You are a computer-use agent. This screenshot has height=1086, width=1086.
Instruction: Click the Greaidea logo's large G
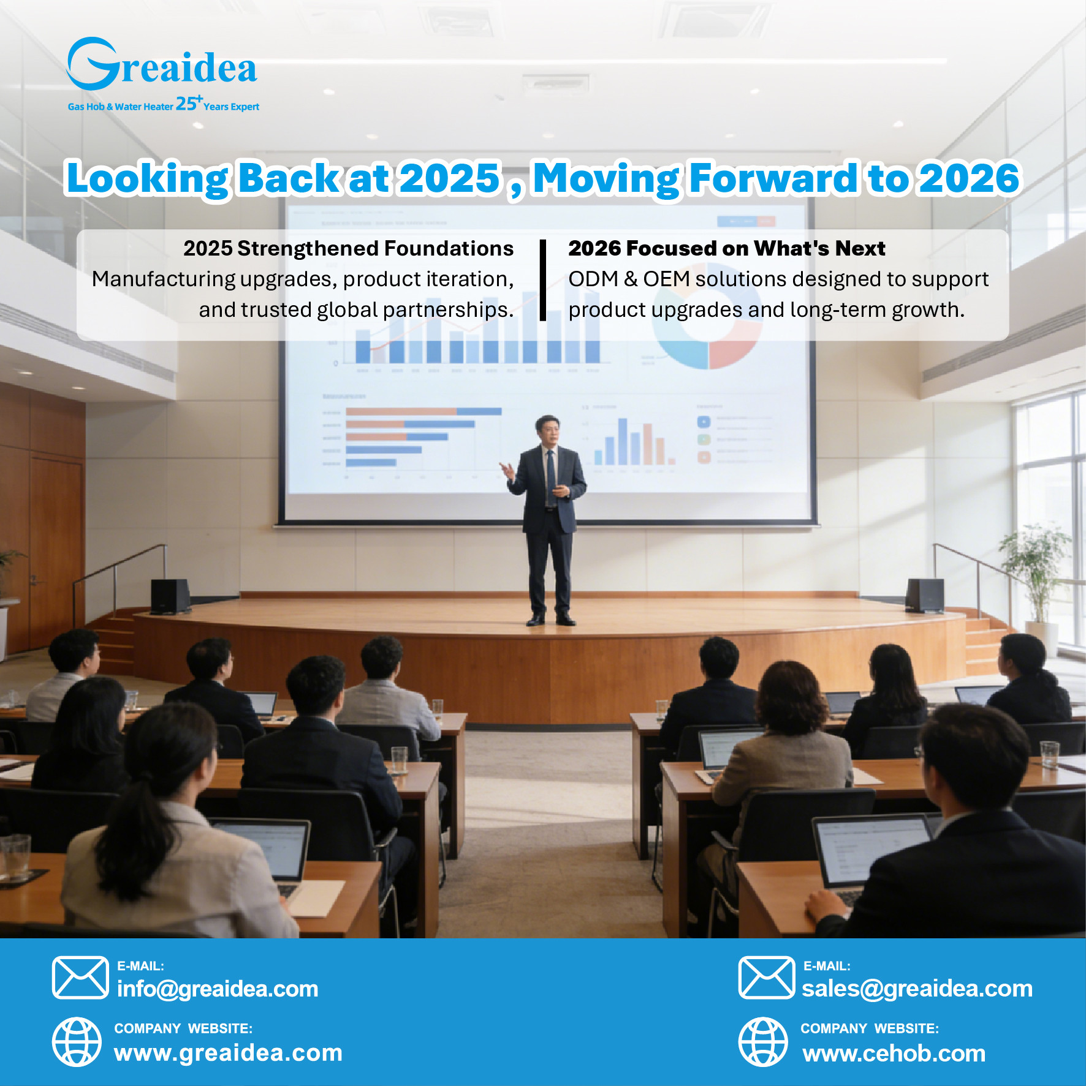point(92,64)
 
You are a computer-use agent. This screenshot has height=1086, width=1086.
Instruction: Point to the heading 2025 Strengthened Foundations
point(348,248)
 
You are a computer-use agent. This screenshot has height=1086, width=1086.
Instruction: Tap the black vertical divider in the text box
point(542,280)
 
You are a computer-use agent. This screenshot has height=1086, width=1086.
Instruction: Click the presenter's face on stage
point(547,432)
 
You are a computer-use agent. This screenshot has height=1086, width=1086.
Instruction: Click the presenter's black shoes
point(550,619)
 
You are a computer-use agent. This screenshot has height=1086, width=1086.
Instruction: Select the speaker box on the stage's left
point(170,595)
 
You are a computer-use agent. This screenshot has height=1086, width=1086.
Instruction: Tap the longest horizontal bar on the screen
point(423,411)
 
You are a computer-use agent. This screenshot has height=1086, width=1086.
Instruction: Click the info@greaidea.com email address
point(218,989)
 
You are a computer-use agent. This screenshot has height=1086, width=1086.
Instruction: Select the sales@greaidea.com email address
point(917,989)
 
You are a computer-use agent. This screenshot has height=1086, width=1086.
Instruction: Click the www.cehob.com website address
point(894,1053)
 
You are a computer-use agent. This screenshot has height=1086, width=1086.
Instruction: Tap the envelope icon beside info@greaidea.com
point(80,978)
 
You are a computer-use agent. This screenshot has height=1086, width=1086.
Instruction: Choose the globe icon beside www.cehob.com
point(762,1042)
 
